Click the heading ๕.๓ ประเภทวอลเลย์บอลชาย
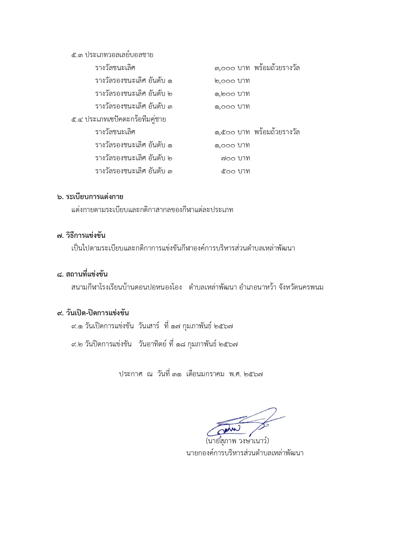click(x=112, y=55)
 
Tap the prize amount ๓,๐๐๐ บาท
click(x=232, y=68)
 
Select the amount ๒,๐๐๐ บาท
click(x=232, y=81)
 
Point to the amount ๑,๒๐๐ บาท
click(x=232, y=94)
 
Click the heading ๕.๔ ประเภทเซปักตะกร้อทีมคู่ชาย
click(x=118, y=120)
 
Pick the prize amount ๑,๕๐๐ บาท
click(x=232, y=132)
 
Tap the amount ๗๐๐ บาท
click(x=236, y=158)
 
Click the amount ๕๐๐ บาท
click(x=236, y=171)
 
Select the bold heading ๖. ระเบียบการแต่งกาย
click(x=90, y=197)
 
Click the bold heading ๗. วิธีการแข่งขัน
click(x=81, y=236)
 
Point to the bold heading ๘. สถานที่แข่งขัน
click(x=82, y=274)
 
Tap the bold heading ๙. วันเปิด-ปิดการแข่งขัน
click(x=93, y=313)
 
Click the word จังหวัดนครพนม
click(x=301, y=288)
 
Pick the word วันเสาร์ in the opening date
click(x=149, y=326)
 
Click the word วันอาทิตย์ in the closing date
click(x=152, y=344)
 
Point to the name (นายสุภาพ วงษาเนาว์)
click(x=237, y=441)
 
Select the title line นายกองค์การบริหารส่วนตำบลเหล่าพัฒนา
click(x=244, y=453)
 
